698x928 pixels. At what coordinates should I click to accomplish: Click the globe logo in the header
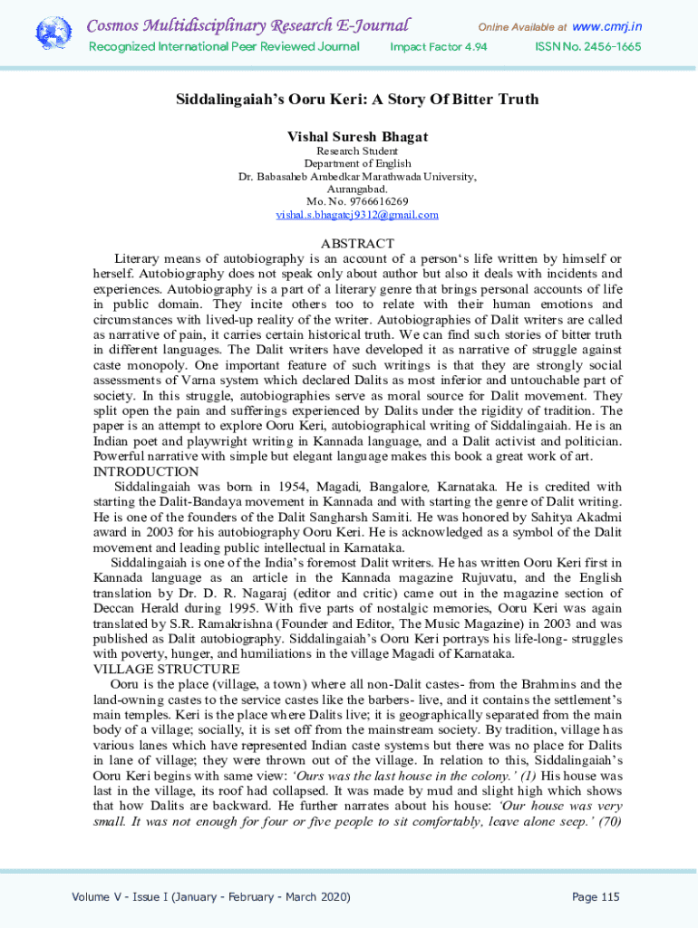[x=53, y=34]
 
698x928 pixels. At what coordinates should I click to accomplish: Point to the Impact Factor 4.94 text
[x=439, y=47]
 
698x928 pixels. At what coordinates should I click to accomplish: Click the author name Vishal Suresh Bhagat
[x=357, y=136]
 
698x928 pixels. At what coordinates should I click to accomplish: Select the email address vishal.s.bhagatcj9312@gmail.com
[x=357, y=215]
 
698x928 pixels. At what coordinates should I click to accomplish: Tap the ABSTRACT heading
[x=357, y=243]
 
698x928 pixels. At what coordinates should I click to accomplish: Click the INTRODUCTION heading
[x=146, y=471]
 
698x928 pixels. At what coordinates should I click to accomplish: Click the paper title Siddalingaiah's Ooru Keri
[x=357, y=100]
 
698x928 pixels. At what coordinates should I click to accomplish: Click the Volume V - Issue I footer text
[x=211, y=897]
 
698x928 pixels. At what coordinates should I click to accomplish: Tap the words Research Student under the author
[x=357, y=150]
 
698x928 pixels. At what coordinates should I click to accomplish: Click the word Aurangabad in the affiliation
[x=357, y=188]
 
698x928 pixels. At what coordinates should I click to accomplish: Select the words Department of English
[x=357, y=163]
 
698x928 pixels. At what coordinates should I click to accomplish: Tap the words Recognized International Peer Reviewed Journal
[x=223, y=47]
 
